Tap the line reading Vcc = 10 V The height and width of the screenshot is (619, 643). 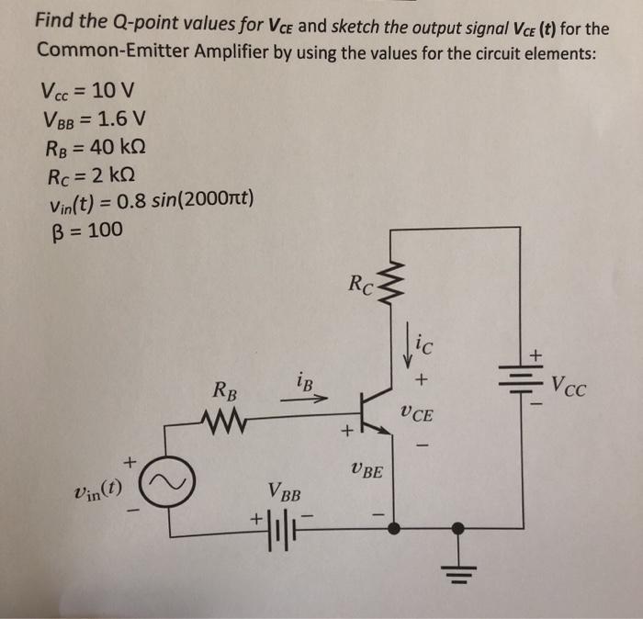[87, 92]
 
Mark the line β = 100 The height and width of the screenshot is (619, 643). [83, 230]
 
